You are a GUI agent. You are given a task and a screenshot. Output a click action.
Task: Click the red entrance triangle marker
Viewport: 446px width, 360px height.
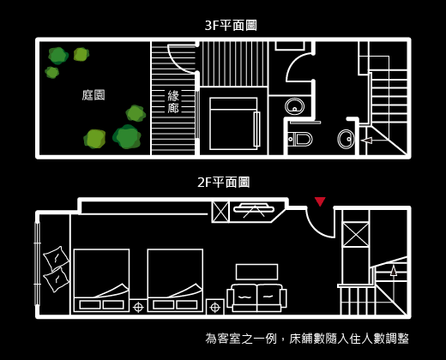coord(320,201)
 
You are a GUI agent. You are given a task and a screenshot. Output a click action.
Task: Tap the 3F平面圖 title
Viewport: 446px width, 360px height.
coord(231,26)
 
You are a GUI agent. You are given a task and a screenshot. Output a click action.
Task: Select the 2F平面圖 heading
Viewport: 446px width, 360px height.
coord(224,183)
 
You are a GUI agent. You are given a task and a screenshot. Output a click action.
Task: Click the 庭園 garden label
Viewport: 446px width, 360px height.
coord(93,95)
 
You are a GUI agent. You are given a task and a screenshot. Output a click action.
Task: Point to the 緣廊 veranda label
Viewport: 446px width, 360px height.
coord(173,101)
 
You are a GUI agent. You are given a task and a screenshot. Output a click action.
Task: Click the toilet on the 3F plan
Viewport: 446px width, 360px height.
coord(299,140)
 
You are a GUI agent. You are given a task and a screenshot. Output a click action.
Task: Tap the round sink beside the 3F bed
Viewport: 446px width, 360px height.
coord(295,106)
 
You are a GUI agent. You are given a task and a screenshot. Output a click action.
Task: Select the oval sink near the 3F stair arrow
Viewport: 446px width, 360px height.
coord(346,139)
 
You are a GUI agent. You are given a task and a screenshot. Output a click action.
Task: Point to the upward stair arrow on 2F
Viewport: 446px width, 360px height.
coord(394,283)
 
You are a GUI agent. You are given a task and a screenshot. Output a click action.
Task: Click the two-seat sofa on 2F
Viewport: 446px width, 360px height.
coord(256,297)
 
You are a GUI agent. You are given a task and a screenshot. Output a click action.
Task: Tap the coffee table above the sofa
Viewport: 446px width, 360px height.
coord(256,272)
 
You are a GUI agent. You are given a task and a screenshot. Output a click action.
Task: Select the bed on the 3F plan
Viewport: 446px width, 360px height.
coord(234,123)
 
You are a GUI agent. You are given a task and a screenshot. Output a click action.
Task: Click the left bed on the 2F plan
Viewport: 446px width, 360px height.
coord(101,280)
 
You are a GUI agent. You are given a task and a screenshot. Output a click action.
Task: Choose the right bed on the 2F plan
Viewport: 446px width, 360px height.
coord(175,280)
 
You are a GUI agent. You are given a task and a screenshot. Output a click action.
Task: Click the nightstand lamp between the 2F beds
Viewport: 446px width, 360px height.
coord(138,308)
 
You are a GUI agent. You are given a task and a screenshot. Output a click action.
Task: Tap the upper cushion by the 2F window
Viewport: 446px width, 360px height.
coord(56,258)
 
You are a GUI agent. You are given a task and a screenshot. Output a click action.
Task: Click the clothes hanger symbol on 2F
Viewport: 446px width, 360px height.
coord(254,210)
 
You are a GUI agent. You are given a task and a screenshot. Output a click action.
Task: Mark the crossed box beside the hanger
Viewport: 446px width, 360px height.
coord(220,212)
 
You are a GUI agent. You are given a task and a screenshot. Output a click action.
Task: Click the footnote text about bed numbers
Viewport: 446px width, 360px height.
coord(307,339)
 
